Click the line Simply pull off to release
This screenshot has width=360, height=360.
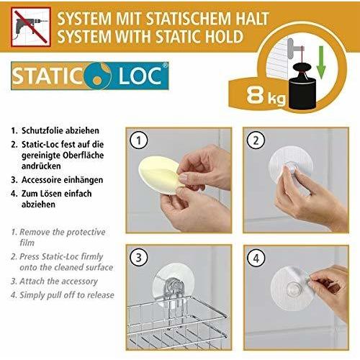[66, 295]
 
